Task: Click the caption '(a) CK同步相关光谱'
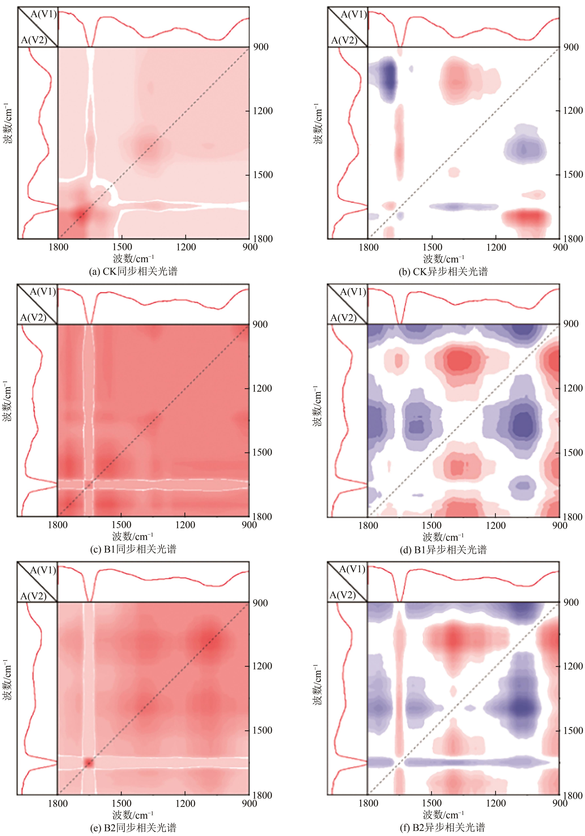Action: pyautogui.click(x=133, y=271)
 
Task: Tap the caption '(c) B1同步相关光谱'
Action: pyautogui.click(x=133, y=549)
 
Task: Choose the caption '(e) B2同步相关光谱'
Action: pyautogui.click(x=133, y=828)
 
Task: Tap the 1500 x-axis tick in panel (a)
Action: pyautogui.click(x=122, y=247)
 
